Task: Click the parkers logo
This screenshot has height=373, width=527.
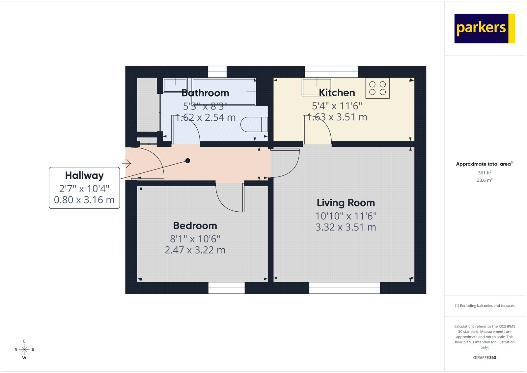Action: point(484,28)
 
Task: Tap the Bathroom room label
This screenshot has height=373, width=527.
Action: point(205,93)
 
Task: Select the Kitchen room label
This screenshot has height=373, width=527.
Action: point(337,93)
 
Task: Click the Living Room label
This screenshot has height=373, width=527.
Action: point(346,203)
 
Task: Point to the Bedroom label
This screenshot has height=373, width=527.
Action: point(195,226)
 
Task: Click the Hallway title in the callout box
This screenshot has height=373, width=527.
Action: point(84,175)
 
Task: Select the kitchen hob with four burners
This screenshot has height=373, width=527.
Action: point(377,88)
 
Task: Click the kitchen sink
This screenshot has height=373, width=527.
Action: point(317,87)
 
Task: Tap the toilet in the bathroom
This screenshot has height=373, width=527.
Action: point(254,124)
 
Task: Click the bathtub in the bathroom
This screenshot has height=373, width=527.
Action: point(224,91)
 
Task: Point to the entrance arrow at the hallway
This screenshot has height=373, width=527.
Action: point(127,163)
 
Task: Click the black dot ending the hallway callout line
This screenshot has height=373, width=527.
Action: point(188,161)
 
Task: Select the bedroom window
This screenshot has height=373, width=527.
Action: point(227,288)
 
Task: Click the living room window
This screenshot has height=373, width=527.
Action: point(344,288)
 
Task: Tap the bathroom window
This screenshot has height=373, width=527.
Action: point(217,72)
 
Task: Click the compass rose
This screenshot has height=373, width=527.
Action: point(24,349)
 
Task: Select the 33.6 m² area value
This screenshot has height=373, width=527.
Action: point(485,180)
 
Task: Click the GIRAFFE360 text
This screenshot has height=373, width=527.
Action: point(485,357)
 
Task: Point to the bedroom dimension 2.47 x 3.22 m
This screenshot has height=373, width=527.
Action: point(195,250)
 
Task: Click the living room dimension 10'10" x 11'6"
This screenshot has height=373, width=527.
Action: point(346,216)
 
